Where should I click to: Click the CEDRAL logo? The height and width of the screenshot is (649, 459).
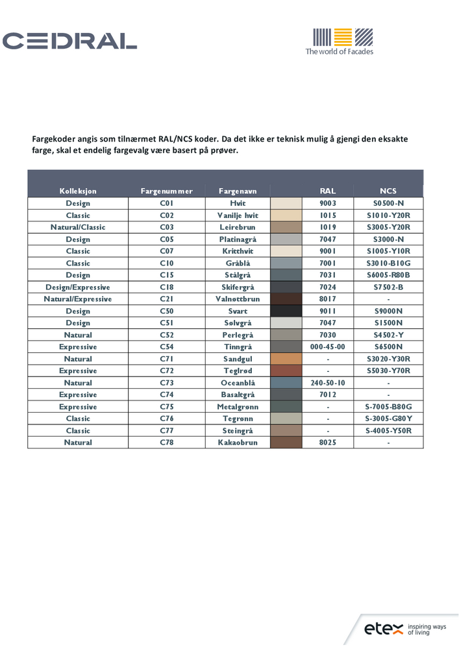[x=70, y=41]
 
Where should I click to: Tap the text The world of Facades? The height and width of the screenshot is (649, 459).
[x=340, y=51]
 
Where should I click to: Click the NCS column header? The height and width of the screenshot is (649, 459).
[x=388, y=191]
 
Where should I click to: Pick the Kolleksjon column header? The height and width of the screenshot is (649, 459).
[x=78, y=191]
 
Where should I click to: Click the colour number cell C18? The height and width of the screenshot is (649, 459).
[x=167, y=287]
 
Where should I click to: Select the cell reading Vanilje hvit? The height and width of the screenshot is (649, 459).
[x=238, y=215]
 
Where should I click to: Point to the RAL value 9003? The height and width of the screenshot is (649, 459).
[x=328, y=203]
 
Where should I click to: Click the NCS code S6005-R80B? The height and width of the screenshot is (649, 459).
[x=388, y=275]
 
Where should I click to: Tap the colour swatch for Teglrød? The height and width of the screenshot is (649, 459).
[x=286, y=371]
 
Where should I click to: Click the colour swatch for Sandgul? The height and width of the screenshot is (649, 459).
[x=286, y=359]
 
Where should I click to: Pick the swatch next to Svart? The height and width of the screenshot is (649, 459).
[x=286, y=311]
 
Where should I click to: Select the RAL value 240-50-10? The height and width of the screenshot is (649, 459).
[x=328, y=383]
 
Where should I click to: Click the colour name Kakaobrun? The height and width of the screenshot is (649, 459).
[x=238, y=443]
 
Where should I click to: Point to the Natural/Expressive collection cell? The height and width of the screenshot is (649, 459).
[x=78, y=299]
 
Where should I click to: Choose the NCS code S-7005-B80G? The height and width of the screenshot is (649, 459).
[x=388, y=407]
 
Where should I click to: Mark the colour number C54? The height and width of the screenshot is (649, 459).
[x=167, y=347]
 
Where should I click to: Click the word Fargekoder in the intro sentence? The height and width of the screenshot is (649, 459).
[x=55, y=140]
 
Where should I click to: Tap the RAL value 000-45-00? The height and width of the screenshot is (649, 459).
[x=328, y=347]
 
